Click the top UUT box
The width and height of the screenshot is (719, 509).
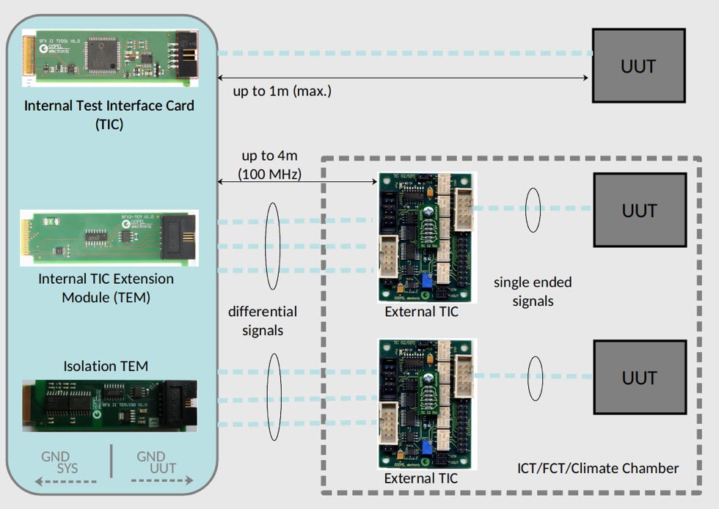(x=638, y=65)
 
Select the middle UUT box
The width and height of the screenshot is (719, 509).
(x=638, y=210)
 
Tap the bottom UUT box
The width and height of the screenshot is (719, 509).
(x=638, y=377)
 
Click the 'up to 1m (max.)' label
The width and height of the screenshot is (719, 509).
(x=282, y=92)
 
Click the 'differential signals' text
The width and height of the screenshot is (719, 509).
(x=263, y=321)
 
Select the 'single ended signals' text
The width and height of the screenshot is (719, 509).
(x=533, y=291)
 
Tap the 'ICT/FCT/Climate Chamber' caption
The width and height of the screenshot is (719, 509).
(x=598, y=468)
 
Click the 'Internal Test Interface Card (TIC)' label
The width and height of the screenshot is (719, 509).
(x=109, y=114)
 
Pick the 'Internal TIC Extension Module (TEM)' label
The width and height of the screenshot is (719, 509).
(x=106, y=288)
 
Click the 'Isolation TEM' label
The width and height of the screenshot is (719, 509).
(x=106, y=366)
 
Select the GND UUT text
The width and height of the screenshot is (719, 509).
(x=156, y=462)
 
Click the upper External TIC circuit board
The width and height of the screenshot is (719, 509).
(x=426, y=237)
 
